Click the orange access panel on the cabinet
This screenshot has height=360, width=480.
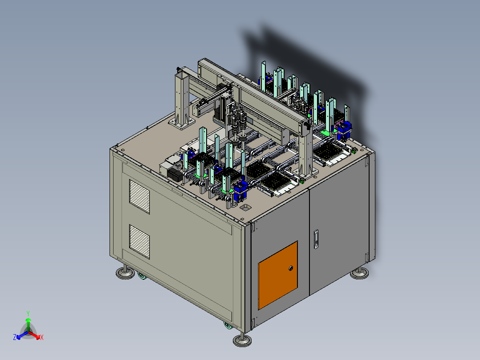coord(278,275)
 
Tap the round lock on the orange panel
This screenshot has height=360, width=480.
coord(291,268)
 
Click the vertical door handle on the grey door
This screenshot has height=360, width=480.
coord(316,239)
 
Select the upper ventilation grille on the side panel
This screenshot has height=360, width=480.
coord(139,196)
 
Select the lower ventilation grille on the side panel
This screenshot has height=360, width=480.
coord(139,242)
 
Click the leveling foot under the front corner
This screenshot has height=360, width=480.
coord(242,339)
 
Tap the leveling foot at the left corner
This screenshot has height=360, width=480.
coord(125,272)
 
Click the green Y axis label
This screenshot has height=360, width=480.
coord(28,313)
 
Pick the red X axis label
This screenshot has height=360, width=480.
coord(42,337)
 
